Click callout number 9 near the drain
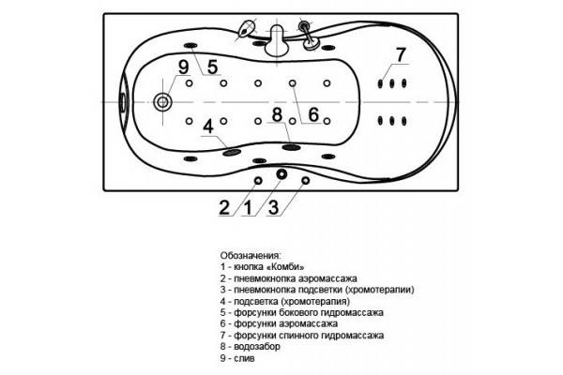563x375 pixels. coord(184,67)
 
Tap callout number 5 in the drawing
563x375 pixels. coord(212,67)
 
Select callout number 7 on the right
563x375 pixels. coord(401,54)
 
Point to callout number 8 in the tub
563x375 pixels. coord(277,114)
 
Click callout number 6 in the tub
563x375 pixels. coord(313,114)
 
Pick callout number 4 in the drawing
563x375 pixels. coord(208,127)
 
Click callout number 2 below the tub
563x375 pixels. coord(224,208)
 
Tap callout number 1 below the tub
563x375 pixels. coord(248,208)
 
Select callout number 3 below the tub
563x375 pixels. coord(274,208)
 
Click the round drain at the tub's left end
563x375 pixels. coord(162,102)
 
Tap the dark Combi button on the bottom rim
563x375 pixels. coord(281,174)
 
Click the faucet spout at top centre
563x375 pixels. coord(277,40)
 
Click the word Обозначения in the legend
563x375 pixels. coord(251,256)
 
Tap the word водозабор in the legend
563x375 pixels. coord(257,347)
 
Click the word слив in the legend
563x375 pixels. coord(244,358)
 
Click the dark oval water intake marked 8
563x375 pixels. coord(291,147)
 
